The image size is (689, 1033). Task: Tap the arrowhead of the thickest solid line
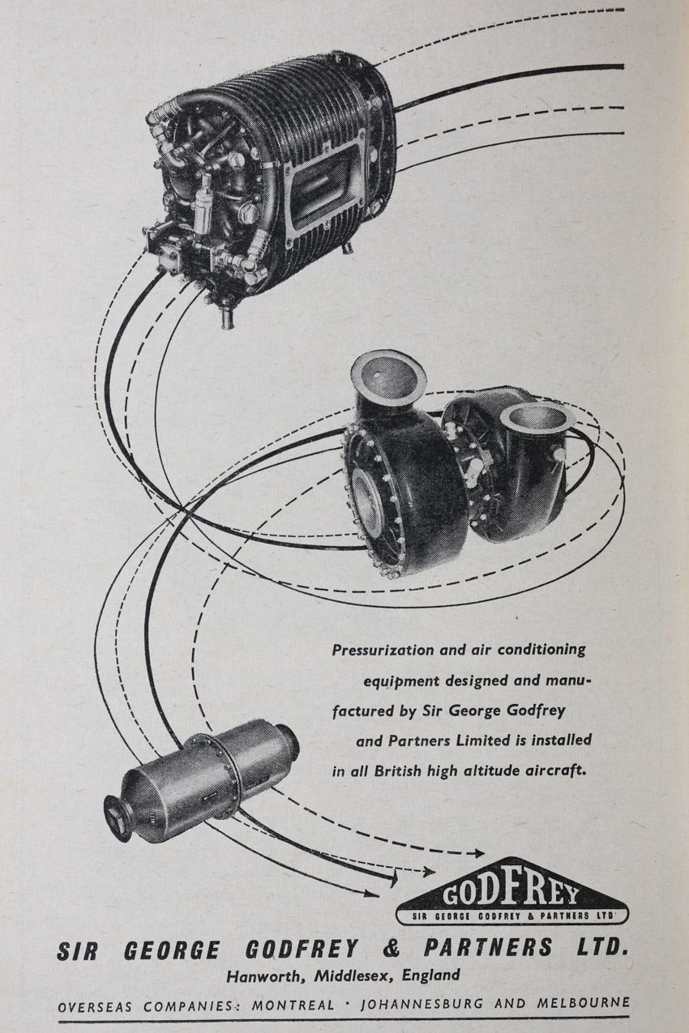point(392,878)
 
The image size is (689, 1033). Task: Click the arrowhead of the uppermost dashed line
point(477,854)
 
